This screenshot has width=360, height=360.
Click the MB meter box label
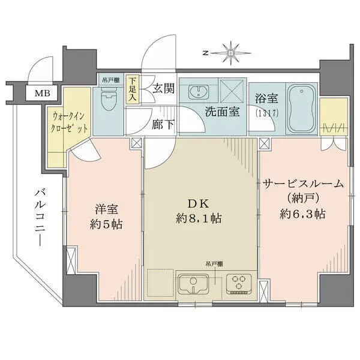[42, 93]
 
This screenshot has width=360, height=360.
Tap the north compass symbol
[230, 52]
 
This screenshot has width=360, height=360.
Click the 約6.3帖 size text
[302, 214]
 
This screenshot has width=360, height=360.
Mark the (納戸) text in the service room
[303, 199]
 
